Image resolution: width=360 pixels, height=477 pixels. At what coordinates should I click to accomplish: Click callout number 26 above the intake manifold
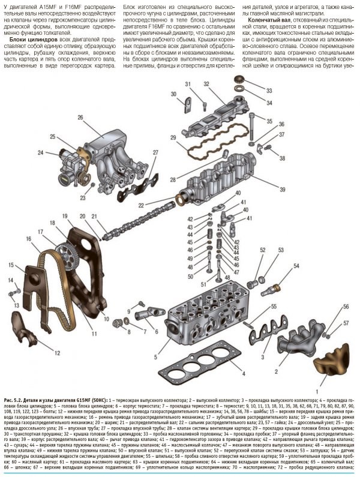80,118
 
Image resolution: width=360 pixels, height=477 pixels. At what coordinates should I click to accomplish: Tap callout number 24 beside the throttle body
41,152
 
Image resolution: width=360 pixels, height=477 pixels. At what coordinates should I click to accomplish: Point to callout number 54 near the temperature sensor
296,265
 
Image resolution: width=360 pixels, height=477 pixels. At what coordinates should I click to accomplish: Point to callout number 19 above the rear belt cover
65,217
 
